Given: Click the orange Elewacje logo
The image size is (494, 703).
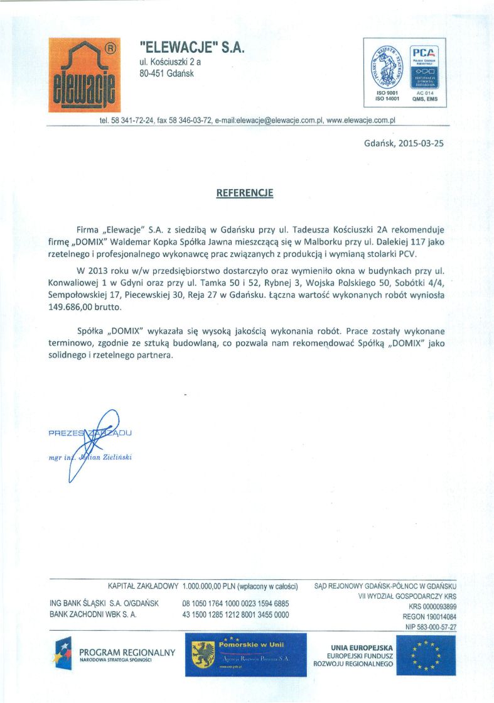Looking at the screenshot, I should point(84,75).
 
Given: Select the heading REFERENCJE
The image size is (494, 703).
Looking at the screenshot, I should point(245,193).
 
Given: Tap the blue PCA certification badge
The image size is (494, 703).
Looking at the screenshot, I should point(424,68).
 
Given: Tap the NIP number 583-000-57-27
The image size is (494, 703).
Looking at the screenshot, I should point(431,627).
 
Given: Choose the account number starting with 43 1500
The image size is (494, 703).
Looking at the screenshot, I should point(235,614).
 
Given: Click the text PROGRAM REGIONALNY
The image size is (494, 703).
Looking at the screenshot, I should point(127,653).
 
